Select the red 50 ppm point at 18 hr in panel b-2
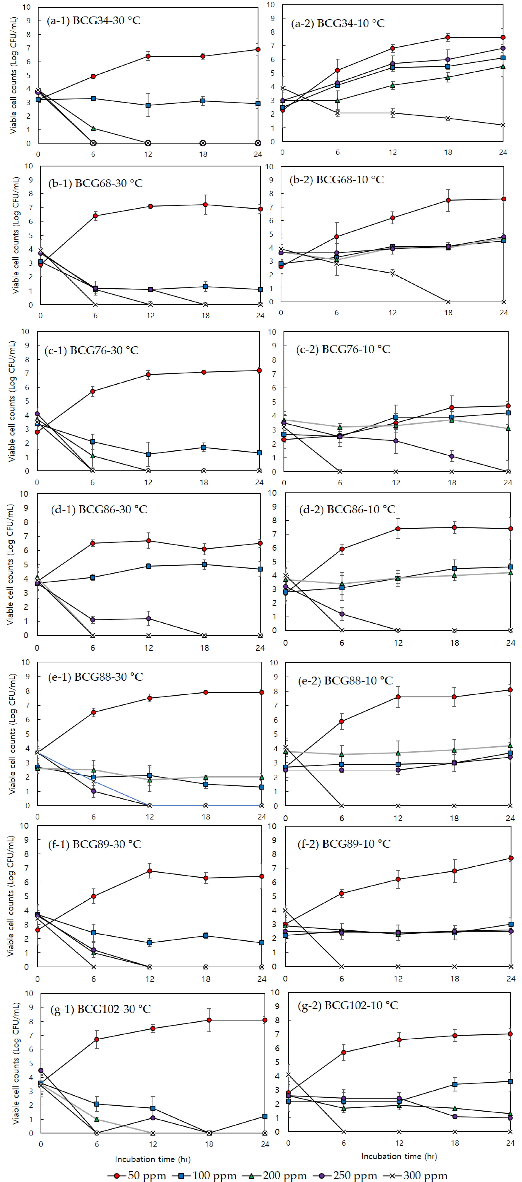click(x=448, y=200)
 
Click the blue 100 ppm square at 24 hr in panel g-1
click(x=265, y=1116)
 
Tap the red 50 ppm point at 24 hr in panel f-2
click(x=511, y=858)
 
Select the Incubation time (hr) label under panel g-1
click(x=153, y=1159)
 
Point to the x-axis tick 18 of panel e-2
click(x=454, y=818)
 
